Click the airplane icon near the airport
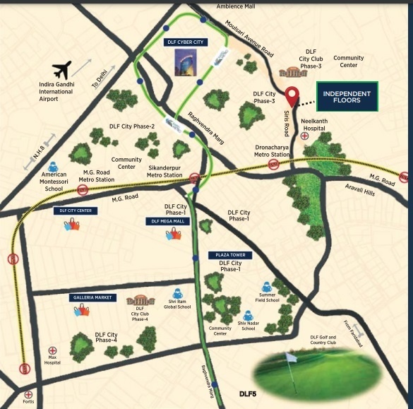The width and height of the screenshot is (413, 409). [x=61, y=71]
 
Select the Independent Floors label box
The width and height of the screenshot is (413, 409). [x=347, y=97]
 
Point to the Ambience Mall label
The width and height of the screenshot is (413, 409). [x=216, y=6]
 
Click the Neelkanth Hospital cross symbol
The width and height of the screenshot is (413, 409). [x=305, y=134]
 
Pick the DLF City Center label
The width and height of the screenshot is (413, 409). [x=73, y=210]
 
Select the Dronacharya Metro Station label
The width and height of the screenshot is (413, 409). [x=273, y=150]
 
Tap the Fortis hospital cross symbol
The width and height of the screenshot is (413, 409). [x=28, y=394]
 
